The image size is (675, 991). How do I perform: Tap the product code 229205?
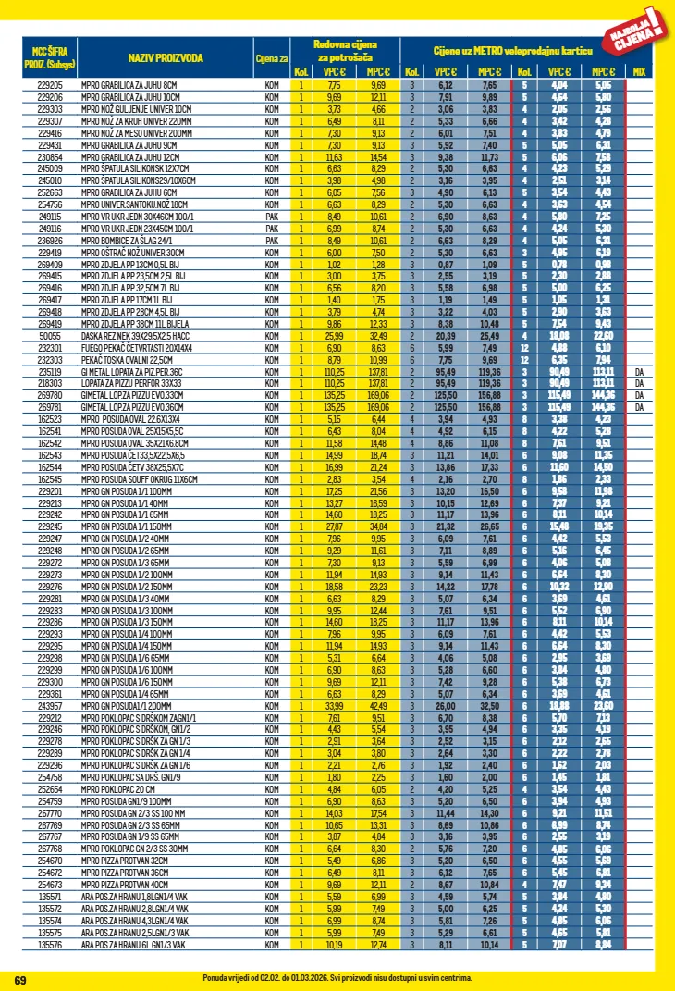49,85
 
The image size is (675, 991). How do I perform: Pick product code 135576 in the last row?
49,945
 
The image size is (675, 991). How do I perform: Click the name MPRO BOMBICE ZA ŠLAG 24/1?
130,239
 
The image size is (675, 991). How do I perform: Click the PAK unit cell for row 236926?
272,239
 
